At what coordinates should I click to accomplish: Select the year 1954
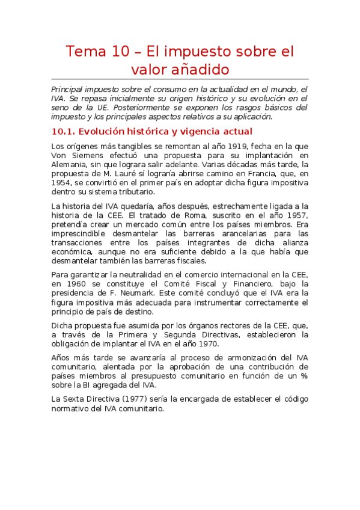click(x=65, y=183)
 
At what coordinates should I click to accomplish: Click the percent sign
click(x=304, y=376)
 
